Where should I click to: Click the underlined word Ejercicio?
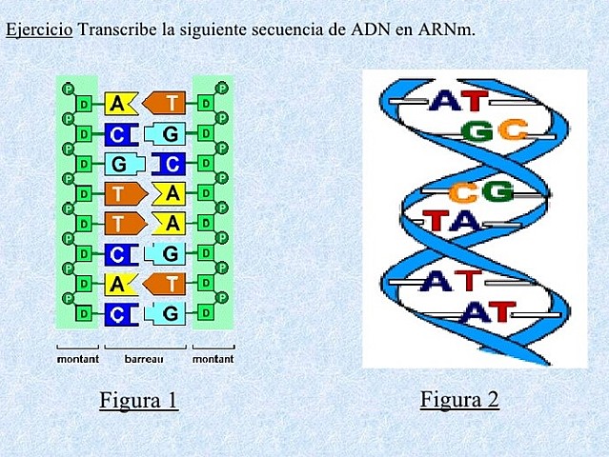(x=38, y=29)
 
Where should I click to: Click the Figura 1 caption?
(x=138, y=399)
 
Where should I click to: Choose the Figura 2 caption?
(x=459, y=398)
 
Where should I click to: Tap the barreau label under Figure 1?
(x=144, y=359)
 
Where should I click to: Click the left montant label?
(x=77, y=359)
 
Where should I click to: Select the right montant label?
(x=213, y=359)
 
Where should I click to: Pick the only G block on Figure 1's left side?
(x=121, y=164)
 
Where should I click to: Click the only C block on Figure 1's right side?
(x=170, y=164)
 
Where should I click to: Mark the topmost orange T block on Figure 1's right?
(x=168, y=103)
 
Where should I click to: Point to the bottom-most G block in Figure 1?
(x=168, y=312)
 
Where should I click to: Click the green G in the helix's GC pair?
(x=477, y=130)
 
